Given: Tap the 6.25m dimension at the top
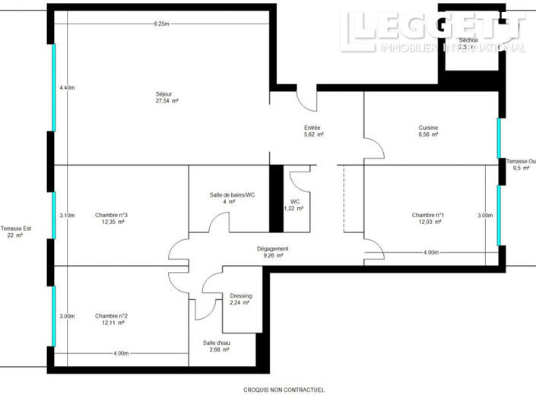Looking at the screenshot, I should coord(160,24).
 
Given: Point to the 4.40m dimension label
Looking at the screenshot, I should coord(67,88).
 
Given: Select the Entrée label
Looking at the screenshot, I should coord(312,128).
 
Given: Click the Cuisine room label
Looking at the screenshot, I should coord(428,128).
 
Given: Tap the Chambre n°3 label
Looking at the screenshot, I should coord(111,215).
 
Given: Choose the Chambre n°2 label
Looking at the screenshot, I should coord(111,316).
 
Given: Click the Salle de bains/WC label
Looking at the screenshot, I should coord(233,195).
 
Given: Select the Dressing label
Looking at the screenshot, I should coord(241,296).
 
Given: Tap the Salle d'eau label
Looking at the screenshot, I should coord(217,343).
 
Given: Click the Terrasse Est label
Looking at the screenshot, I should coord(16,229).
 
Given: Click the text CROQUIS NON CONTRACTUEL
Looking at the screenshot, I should coord(284,390).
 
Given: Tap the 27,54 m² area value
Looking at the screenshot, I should coord(167,101).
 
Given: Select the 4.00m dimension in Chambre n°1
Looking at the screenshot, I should coord(430,252).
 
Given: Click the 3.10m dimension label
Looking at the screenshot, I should coord(67,216).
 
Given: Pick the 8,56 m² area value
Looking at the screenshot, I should coord(428,135).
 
